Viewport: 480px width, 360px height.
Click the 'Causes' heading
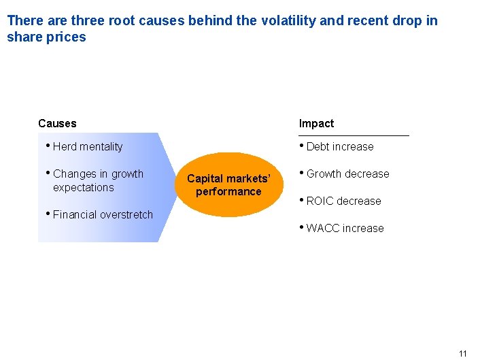click(57, 123)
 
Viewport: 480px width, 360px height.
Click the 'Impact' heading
click(316, 123)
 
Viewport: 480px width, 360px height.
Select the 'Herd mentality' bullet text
click(87, 146)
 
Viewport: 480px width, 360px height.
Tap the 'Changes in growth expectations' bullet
click(97, 180)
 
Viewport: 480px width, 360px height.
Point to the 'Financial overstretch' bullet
click(102, 214)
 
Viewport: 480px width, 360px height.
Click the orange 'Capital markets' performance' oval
click(228, 184)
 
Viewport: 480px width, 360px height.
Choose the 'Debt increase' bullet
click(339, 146)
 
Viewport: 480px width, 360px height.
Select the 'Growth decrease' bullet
click(347, 174)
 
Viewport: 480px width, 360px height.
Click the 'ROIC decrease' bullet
click(343, 201)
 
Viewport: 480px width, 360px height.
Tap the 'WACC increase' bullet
click(345, 228)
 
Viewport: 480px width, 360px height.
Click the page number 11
click(463, 353)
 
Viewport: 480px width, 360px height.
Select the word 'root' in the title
click(121, 20)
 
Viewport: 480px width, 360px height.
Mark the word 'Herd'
click(65, 146)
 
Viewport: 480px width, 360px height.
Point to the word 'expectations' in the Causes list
click(83, 187)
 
